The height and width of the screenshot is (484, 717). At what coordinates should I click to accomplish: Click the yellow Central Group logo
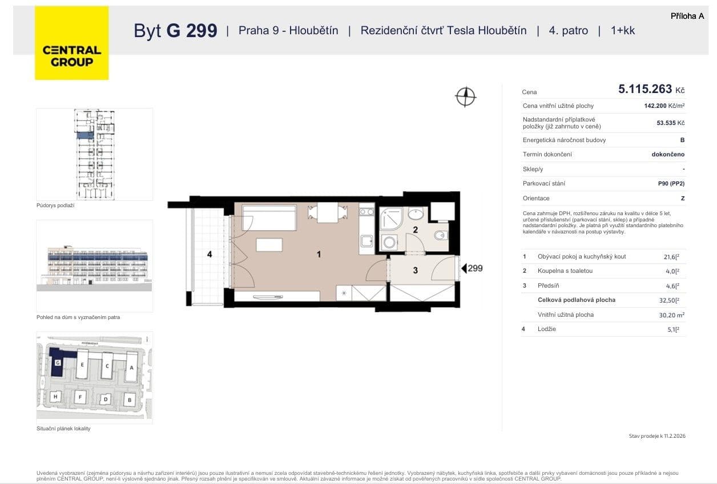pyautogui.click(x=71, y=43)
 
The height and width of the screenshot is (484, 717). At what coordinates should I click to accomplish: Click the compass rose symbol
pyautogui.click(x=466, y=96)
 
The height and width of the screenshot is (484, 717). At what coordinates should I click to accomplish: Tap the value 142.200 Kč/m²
pyautogui.click(x=664, y=106)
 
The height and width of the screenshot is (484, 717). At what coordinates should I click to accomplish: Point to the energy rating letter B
pyautogui.click(x=682, y=140)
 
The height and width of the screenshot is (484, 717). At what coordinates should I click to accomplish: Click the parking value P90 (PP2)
pyautogui.click(x=671, y=183)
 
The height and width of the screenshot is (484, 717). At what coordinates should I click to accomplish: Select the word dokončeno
pyautogui.click(x=668, y=154)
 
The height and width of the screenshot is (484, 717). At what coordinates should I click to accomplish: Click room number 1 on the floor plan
pyautogui.click(x=319, y=255)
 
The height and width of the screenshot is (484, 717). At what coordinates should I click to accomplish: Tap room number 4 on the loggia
pyautogui.click(x=210, y=254)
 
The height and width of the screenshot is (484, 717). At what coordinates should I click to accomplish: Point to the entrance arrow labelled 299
pyautogui.click(x=472, y=268)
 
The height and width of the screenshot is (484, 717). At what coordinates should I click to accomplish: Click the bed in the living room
pyautogui.click(x=268, y=217)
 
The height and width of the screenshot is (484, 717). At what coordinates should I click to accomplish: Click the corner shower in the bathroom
pyautogui.click(x=392, y=219)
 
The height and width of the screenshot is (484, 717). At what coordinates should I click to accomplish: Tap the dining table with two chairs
pyautogui.click(x=327, y=213)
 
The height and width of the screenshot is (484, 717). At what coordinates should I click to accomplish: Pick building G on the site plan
pyautogui.click(x=58, y=362)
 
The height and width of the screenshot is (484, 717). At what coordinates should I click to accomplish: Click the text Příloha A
pyautogui.click(x=687, y=16)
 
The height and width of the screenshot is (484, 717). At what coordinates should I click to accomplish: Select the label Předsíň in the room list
pyautogui.click(x=549, y=285)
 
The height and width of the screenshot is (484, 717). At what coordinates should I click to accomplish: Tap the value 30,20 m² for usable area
pyautogui.click(x=671, y=314)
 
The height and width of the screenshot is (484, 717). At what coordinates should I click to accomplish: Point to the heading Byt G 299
pyautogui.click(x=175, y=31)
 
